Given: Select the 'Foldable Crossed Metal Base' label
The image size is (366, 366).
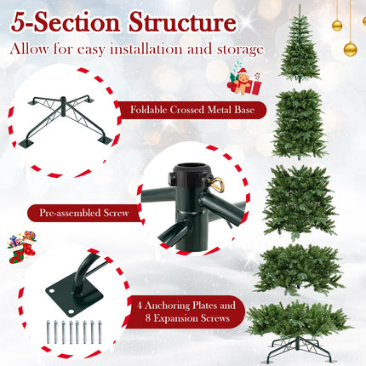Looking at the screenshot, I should (x=194, y=111).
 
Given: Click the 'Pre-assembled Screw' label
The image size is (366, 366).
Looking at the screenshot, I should (x=83, y=213).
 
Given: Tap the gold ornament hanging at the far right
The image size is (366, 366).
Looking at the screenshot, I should (x=350, y=49).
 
